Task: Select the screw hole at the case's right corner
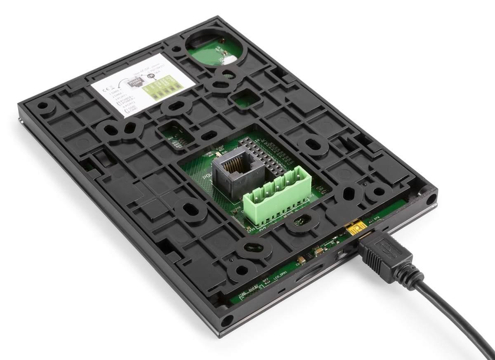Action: tap(431, 200)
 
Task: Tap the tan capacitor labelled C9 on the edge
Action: tap(302, 259)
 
